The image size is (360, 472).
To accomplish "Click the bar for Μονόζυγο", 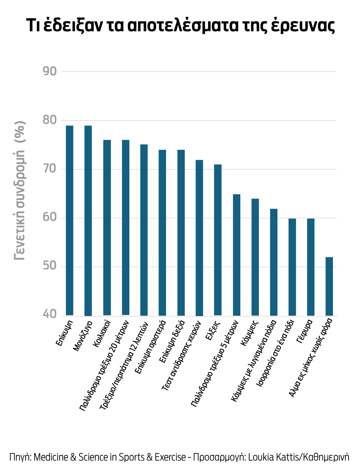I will pyautogui.click(x=88, y=220).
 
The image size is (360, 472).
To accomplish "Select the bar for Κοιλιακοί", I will pyautogui.click(x=107, y=227).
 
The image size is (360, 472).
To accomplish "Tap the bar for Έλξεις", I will pyautogui.click(x=218, y=240).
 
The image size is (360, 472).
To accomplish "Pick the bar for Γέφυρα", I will pyautogui.click(x=311, y=267).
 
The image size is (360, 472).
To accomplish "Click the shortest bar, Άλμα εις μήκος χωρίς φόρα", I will pyautogui.click(x=329, y=286).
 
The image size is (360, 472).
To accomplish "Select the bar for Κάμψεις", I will pyautogui.click(x=255, y=257).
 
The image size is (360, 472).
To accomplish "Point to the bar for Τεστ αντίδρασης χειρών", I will pyautogui.click(x=199, y=238).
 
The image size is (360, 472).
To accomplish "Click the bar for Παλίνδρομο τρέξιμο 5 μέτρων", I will pyautogui.click(x=237, y=255).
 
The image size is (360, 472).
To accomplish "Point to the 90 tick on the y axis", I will pyautogui.click(x=50, y=71).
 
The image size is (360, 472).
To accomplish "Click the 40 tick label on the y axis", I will pyautogui.click(x=50, y=314).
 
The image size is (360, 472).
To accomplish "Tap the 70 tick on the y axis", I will pyautogui.click(x=50, y=169).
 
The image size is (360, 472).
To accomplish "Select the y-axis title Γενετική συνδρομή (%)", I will pyautogui.click(x=20, y=191).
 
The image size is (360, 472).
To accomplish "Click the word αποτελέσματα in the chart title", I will pyautogui.click(x=182, y=25).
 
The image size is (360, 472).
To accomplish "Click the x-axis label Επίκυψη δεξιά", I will pyautogui.click(x=172, y=342).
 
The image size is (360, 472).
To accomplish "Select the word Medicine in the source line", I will pyautogui.click(x=51, y=457).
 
